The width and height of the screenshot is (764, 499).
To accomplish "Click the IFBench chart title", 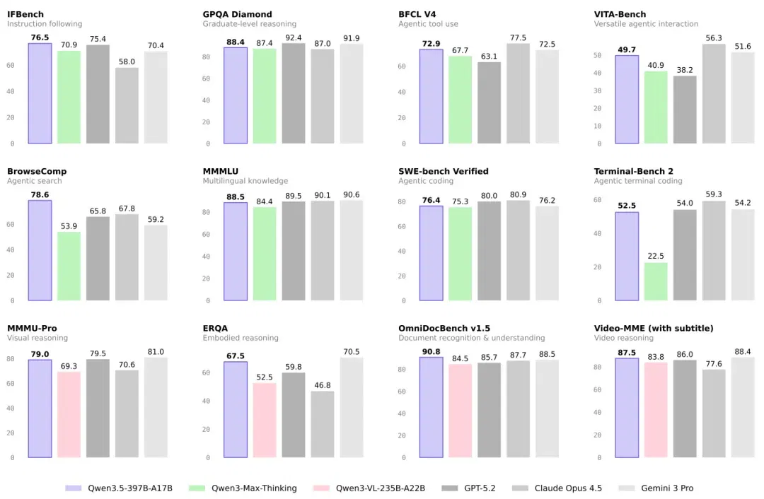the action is (25, 14).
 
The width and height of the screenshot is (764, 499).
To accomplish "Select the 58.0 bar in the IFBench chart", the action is (127, 105).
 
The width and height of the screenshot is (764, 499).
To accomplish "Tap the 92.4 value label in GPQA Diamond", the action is (294, 37).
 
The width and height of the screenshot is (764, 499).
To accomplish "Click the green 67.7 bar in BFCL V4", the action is (460, 100).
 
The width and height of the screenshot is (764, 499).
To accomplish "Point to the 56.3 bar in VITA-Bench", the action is (714, 93).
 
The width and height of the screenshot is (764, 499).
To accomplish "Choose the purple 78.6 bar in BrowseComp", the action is (40, 250).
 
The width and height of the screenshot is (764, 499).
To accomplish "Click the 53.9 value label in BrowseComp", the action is (69, 226).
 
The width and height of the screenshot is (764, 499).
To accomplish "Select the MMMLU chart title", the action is (221, 171).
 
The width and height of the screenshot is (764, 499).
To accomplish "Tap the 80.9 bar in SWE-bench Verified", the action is (518, 250).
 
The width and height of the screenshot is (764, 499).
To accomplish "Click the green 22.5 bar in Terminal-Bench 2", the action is (656, 281).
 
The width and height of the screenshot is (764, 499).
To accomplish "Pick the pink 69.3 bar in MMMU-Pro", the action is (69, 415).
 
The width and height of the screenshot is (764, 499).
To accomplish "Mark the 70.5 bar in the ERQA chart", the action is (352, 408).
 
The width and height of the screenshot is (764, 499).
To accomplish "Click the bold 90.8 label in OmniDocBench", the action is (432, 351).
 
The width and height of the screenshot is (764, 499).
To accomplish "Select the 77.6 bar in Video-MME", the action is (714, 413).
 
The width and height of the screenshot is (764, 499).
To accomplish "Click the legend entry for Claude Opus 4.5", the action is (557, 488).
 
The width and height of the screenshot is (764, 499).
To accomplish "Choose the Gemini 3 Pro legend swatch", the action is (626, 488).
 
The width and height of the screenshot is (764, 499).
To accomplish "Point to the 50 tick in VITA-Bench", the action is (597, 56).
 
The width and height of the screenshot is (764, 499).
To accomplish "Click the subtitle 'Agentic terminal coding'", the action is (638, 181).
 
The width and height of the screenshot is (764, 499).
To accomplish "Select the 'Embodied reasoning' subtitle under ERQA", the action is (241, 338).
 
